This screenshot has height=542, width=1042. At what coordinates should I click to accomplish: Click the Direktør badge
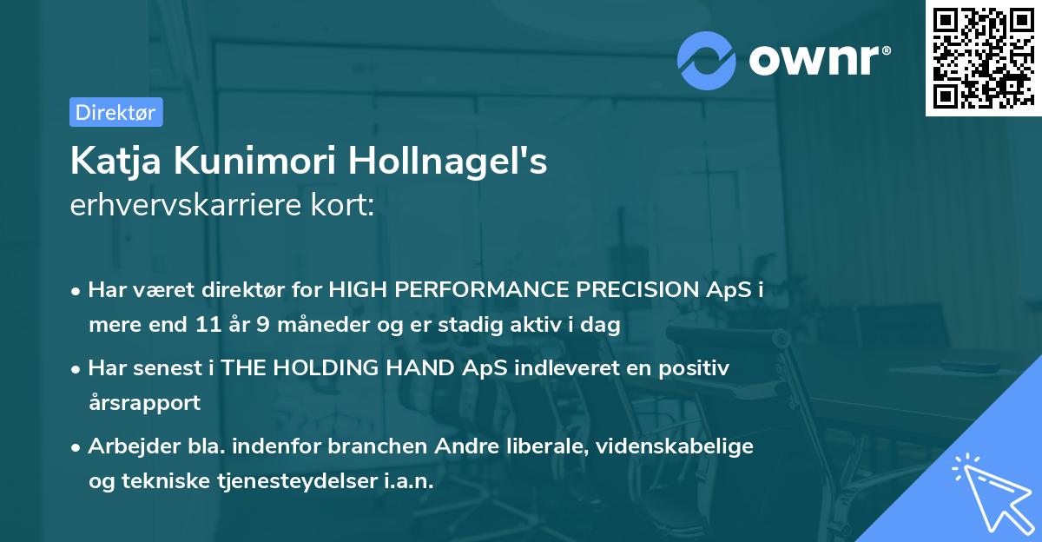tap(115, 112)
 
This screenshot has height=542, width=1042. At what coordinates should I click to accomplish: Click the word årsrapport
tap(144, 403)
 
